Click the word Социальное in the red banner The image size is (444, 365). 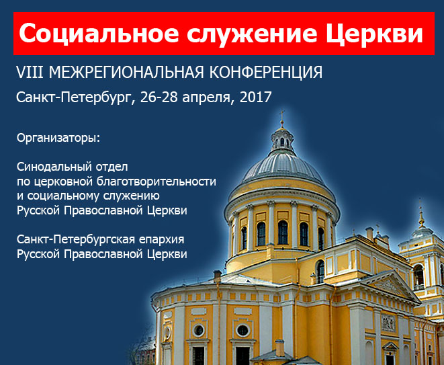99,33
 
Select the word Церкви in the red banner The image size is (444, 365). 374,34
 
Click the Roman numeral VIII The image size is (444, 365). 30,73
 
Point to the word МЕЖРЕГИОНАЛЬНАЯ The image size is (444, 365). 126,73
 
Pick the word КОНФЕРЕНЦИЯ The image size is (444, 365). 266,73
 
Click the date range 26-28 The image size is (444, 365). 159,97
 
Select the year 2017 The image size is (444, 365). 256,97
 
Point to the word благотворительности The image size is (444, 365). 157,181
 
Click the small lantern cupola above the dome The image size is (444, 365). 282,141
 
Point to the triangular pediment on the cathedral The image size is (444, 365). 390,286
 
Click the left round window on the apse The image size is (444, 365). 199,330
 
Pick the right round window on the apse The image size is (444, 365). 242,331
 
